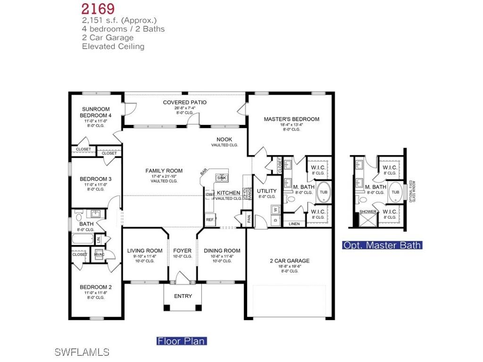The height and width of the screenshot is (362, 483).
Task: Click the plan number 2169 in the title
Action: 98,8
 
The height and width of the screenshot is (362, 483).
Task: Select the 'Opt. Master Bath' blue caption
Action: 382,245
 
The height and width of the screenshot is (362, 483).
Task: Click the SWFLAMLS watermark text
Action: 82,352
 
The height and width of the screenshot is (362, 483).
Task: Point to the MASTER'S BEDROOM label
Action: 291,119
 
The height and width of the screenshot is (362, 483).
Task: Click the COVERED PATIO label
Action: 184,102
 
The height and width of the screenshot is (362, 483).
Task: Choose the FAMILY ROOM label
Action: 164,171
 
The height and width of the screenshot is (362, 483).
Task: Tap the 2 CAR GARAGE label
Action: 289,261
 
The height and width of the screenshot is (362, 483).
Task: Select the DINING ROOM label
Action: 222,251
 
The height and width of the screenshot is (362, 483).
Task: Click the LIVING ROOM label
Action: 145,251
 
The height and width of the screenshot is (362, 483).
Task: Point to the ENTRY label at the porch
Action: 183,296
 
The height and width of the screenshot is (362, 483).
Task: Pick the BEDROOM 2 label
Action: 96,287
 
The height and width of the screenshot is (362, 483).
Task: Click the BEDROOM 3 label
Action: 96,179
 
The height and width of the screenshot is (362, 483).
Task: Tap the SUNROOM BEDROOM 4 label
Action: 96,112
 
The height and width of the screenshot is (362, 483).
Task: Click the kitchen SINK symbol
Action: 221,178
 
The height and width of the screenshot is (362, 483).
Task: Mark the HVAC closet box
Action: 99,255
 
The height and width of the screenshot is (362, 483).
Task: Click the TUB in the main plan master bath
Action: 324,192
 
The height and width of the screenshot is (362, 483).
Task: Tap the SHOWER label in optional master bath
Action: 368,212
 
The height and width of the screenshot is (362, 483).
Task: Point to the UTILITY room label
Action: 267,191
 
